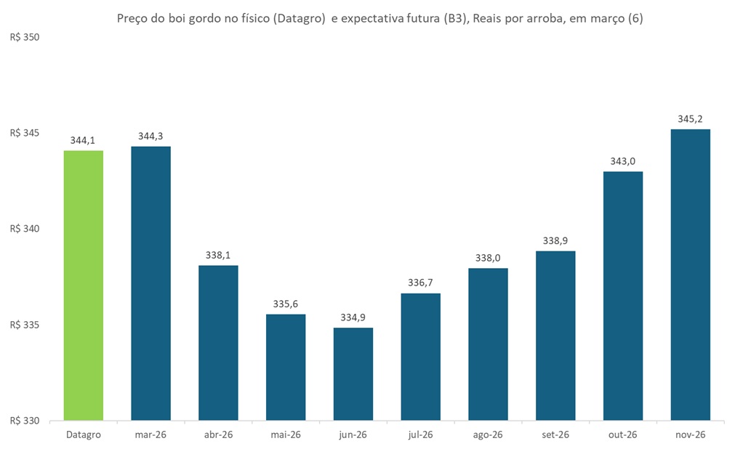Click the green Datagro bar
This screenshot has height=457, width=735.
84,286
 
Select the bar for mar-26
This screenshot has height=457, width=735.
150,283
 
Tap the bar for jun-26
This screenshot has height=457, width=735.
353,374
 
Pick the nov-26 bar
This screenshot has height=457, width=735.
691,275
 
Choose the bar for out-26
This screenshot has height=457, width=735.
623,296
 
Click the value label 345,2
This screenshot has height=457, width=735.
691,118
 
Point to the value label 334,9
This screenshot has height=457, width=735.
353,318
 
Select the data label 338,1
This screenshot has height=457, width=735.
218,255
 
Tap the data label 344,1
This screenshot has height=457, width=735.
84,140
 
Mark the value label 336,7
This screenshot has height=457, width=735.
421,283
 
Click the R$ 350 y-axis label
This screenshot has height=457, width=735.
25,37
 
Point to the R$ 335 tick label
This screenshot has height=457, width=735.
25,325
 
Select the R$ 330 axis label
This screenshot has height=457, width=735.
25,421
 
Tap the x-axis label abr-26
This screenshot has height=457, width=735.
218,434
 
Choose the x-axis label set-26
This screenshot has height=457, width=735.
555,434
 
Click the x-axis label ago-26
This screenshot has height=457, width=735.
489,434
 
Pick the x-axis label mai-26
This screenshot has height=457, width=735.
286,434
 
